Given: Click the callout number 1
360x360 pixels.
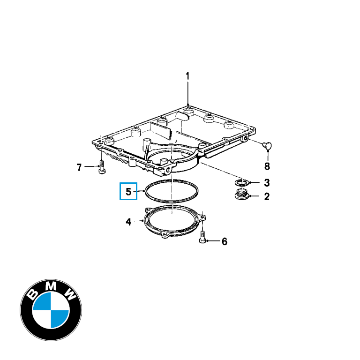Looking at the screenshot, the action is click(x=187, y=76).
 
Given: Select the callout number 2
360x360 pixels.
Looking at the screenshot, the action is click(x=267, y=196).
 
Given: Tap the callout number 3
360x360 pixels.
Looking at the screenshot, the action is click(x=267, y=183).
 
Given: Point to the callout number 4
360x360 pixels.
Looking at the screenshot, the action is click(x=128, y=222).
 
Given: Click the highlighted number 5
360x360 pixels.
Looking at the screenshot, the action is click(x=128, y=191).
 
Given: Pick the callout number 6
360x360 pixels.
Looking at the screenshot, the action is click(x=225, y=241).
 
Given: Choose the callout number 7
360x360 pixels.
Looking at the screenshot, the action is click(x=79, y=167).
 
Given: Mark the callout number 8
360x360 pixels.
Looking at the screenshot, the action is click(x=267, y=166).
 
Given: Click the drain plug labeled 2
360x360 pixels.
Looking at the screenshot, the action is click(x=241, y=194).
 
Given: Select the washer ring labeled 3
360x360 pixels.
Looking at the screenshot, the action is click(x=242, y=183).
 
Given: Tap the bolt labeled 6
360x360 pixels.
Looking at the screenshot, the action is click(x=202, y=237).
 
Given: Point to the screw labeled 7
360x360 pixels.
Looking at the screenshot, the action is click(x=102, y=167).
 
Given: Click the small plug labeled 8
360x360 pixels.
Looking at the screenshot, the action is click(x=267, y=146).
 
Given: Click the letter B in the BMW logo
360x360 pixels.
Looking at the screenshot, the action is click(x=32, y=294).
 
